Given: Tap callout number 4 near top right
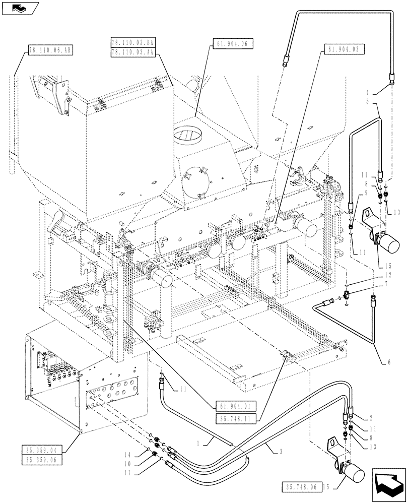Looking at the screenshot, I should (369, 92).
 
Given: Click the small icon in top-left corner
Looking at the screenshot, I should (18, 8).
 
